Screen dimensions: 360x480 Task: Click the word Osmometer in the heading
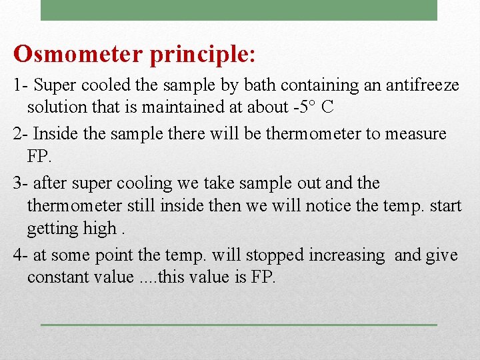coord(79,55)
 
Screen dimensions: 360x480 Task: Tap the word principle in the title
coord(199,55)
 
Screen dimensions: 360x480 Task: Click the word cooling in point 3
coord(127,183)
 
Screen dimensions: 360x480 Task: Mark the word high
coord(100,228)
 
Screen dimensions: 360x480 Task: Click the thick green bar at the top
coord(239,10)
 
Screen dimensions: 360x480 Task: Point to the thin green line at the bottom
coord(239,325)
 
